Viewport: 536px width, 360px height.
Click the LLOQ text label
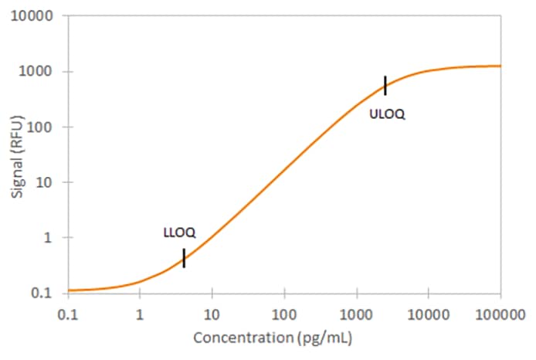179,232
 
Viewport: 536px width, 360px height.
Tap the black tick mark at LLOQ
184,258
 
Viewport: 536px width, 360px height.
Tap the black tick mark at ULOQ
385,85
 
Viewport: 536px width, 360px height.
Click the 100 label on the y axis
47,127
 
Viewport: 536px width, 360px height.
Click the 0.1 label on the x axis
68,314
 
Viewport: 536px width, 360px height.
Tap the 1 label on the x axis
140,314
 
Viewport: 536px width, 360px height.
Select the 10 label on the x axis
212,314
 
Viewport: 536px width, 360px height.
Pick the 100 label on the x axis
284,314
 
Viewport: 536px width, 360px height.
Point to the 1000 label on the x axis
357,314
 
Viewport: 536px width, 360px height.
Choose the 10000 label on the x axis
429,314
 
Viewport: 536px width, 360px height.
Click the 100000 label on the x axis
500,314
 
